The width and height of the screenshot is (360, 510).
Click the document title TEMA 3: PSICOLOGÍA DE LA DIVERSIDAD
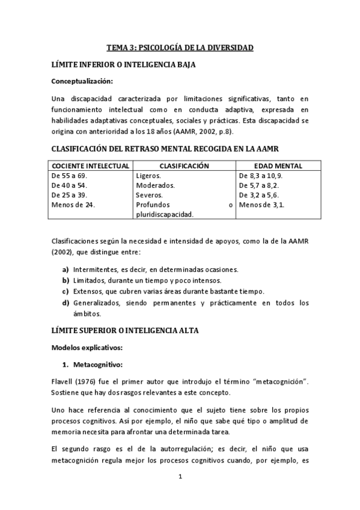pyautogui.click(x=180, y=47)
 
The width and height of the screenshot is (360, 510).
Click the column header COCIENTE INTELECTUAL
pyautogui.click(x=91, y=165)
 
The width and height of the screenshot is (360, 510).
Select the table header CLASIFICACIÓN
pyautogui.click(x=184, y=165)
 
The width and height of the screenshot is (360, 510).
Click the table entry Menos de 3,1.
pyautogui.click(x=261, y=204)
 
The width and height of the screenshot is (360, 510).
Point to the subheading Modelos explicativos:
pyautogui.click(x=87, y=347)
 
